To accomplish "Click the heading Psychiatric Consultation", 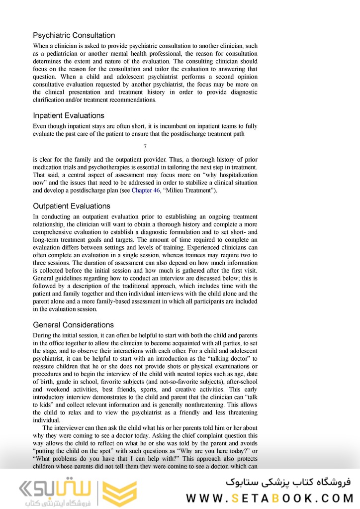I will pyautogui.click(x=74, y=35).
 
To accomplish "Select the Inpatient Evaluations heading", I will pyautogui.click(x=69, y=115).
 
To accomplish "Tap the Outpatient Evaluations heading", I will pyautogui.click(x=72, y=206).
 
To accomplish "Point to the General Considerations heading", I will pyautogui.click(x=73, y=325).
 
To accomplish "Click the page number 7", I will pyautogui.click(x=145, y=146).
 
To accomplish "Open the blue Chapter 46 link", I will pyautogui.click(x=146, y=191).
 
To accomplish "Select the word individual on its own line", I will pyautogui.click(x=46, y=420).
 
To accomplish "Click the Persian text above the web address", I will pyautogui.click(x=288, y=481).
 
